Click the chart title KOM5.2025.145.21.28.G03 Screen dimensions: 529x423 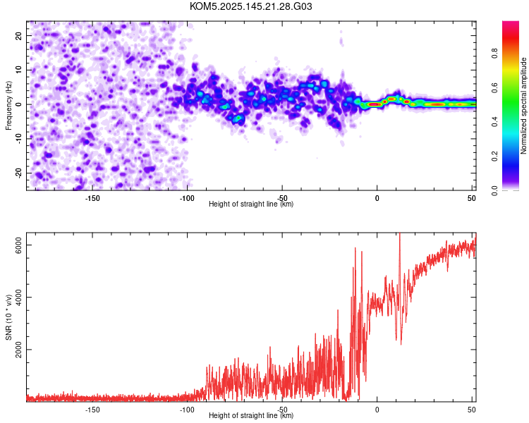coord(250,6)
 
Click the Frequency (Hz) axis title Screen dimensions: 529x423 coord(8,106)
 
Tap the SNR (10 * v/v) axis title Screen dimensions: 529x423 coord(8,317)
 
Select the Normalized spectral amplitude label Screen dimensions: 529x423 coord(523,106)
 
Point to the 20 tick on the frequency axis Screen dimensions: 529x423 coord(18,35)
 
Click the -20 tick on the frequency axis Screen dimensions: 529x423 coord(18,173)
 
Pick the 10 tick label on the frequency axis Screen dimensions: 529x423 coord(18,70)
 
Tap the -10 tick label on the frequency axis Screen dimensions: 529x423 coord(18,139)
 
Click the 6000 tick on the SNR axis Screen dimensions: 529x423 coord(18,245)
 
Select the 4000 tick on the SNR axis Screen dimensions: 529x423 coord(18,298)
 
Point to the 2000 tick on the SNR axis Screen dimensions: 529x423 coord(18,350)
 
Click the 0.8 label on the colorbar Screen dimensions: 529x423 coord(494,54)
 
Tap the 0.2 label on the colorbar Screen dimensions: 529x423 coord(494,157)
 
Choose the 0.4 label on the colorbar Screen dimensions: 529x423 coord(494,122)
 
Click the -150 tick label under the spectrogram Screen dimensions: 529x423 coord(92,198)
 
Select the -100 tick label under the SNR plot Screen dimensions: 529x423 coord(187,410)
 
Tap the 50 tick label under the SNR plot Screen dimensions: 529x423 coord(472,410)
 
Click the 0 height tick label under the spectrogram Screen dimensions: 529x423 coord(377,198)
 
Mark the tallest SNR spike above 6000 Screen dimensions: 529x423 coord(400,234)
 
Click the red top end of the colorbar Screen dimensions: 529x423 coord(511,23)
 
